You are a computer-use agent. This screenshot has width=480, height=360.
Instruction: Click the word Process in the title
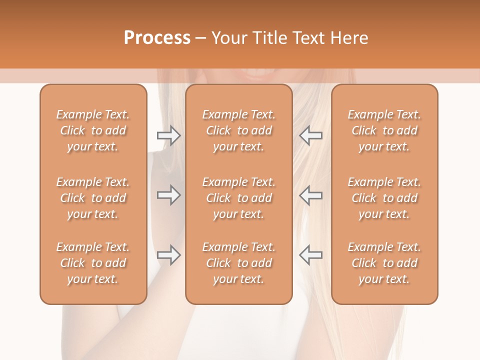[x=157, y=38]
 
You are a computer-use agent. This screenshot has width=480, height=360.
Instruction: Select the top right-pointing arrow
[x=169, y=135]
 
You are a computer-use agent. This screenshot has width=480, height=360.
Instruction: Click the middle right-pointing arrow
[x=169, y=195]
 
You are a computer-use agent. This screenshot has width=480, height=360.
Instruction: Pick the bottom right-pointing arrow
[x=169, y=254]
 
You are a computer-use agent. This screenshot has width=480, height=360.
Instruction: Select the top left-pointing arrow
[x=310, y=135]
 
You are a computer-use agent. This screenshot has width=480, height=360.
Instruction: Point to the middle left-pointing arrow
[x=310, y=195]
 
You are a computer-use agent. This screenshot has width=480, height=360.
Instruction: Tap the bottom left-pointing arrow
[x=310, y=254]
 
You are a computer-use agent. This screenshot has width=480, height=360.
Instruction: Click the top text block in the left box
[x=93, y=130]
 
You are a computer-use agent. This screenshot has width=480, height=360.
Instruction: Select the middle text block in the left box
[x=93, y=198]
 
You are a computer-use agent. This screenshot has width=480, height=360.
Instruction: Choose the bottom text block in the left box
[x=93, y=263]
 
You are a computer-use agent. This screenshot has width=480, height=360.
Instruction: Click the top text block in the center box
[x=238, y=130]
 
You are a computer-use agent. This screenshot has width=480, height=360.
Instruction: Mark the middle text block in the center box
[x=238, y=198]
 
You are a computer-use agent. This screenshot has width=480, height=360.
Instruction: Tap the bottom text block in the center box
[x=238, y=263]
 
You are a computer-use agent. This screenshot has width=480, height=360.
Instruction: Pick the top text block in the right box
[x=384, y=130]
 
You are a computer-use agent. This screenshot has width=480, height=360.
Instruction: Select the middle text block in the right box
[x=384, y=198]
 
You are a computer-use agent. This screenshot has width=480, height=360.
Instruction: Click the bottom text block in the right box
[x=384, y=263]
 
